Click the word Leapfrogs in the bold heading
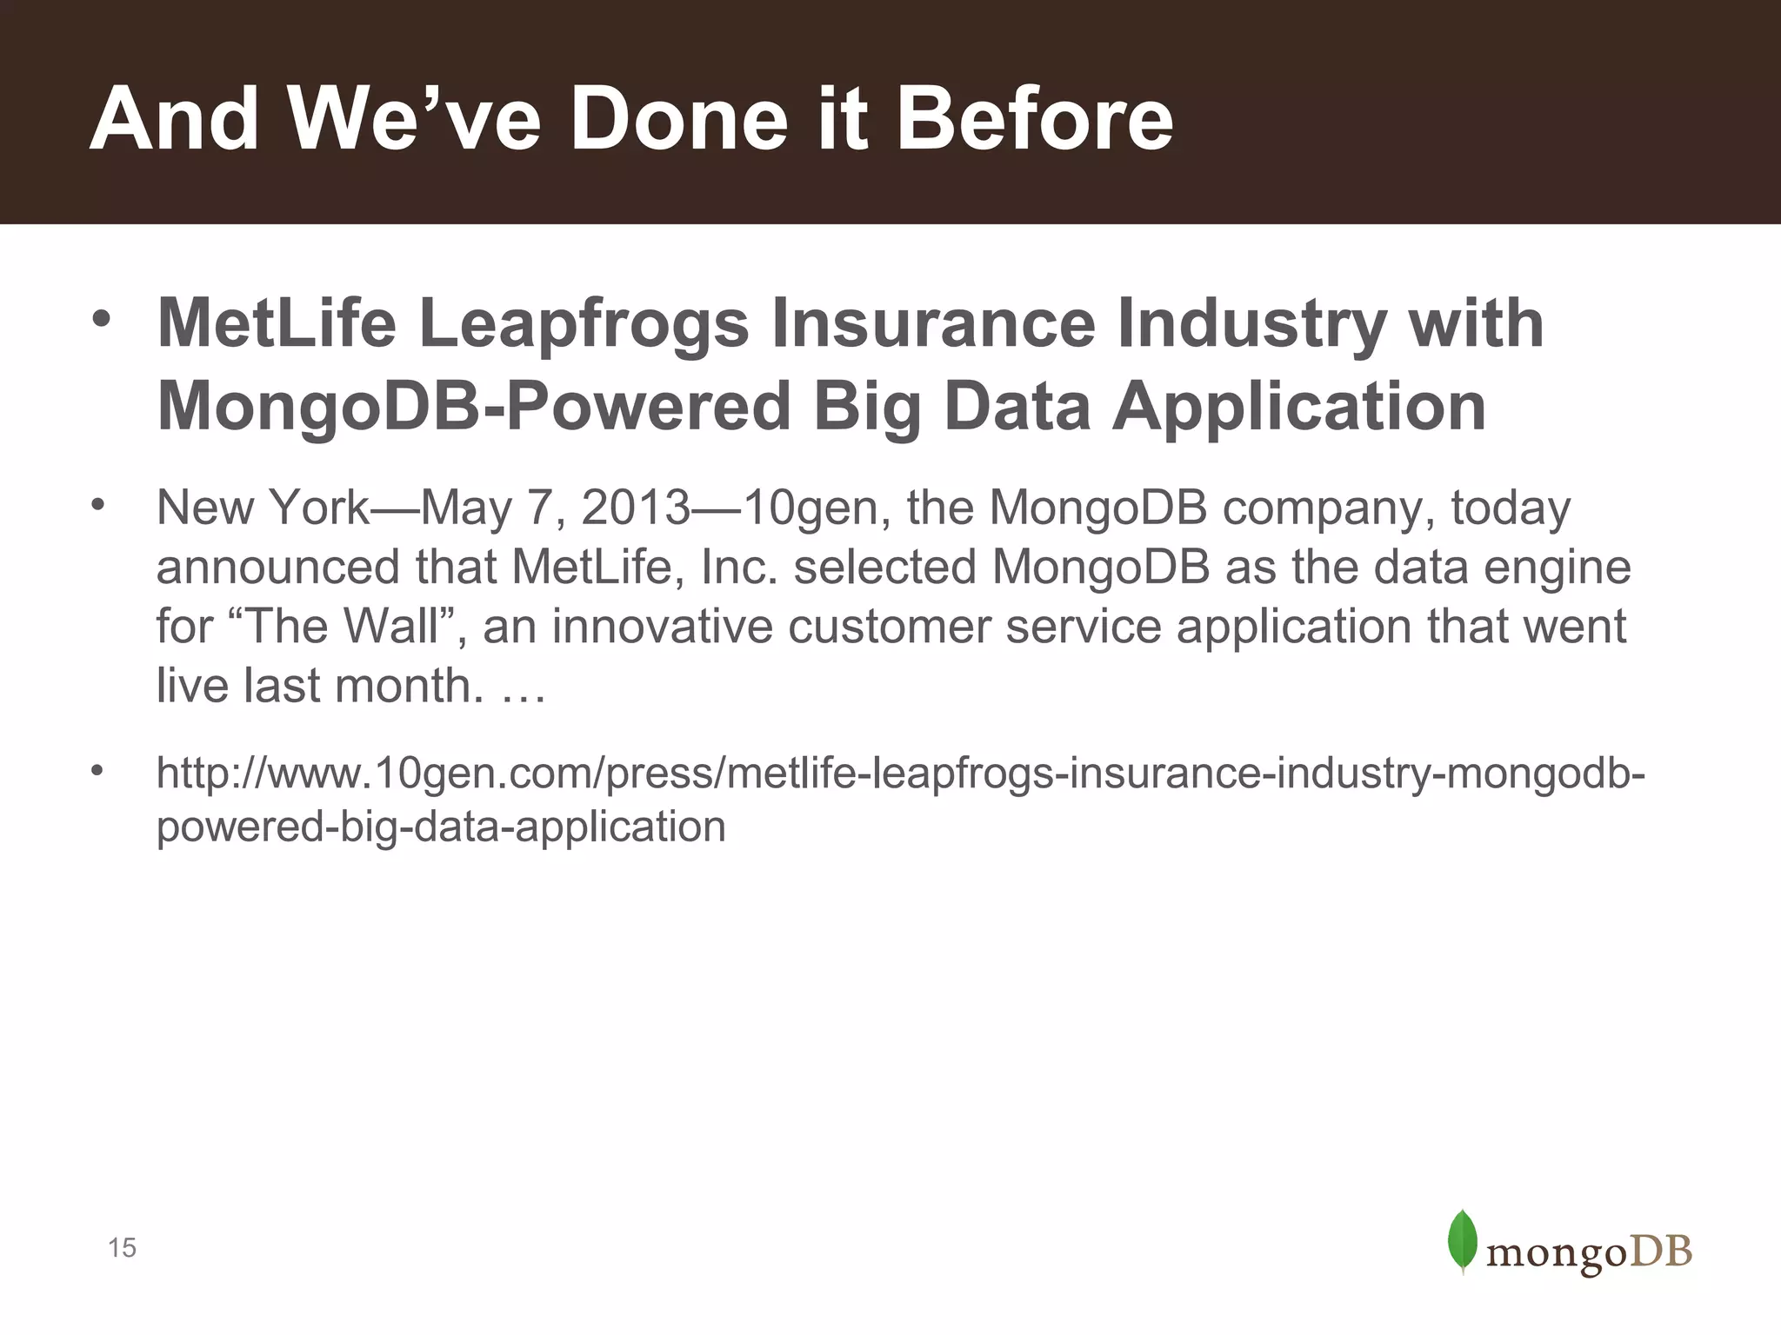click(x=583, y=323)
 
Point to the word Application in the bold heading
click(x=1299, y=407)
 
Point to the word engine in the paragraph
click(x=1557, y=567)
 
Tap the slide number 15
click(x=122, y=1248)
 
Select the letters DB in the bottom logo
click(x=1660, y=1252)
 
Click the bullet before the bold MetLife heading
click(x=102, y=319)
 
